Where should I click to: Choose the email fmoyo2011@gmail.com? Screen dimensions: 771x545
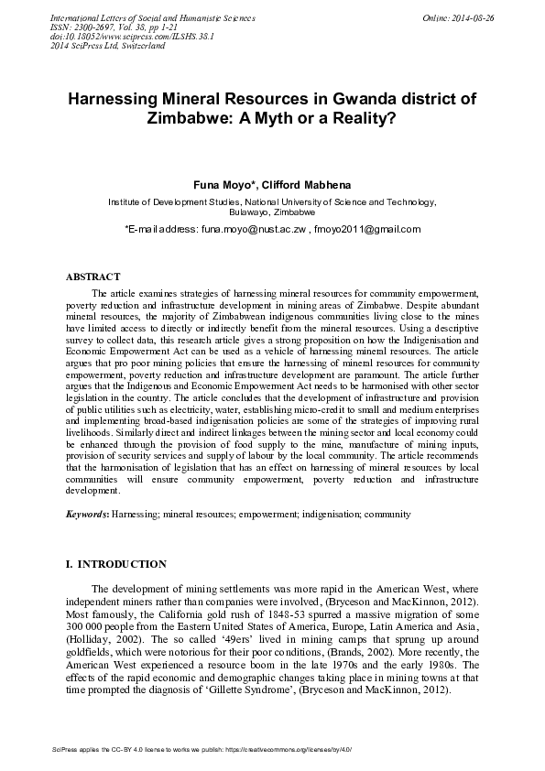tap(366, 228)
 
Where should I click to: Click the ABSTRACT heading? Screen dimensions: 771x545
tap(93, 276)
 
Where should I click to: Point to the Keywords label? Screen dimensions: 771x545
tap(86, 515)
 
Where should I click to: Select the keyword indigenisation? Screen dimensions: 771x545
tap(326, 515)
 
